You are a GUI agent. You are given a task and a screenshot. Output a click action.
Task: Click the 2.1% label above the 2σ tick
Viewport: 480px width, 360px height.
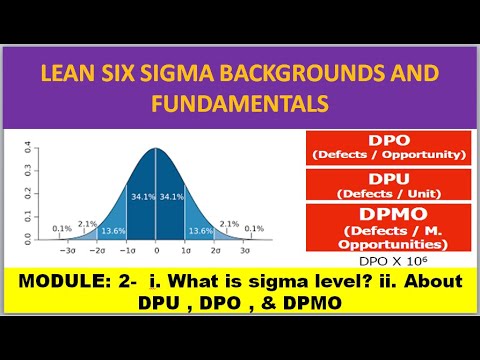[228, 223]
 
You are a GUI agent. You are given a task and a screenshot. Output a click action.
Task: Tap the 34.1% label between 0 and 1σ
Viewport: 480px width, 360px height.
[172, 195]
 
